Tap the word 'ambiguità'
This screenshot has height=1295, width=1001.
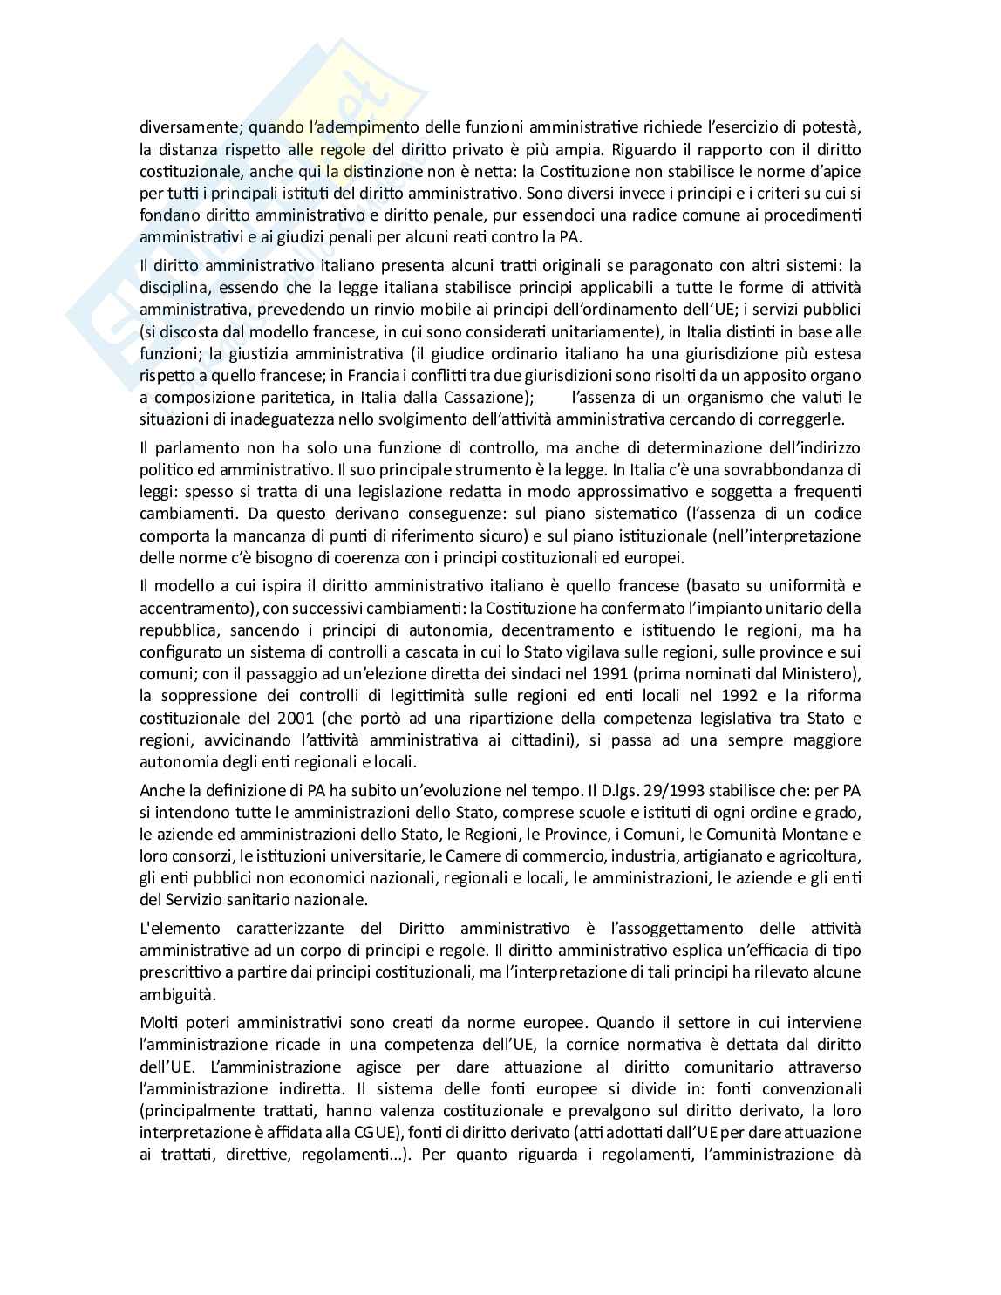click(x=174, y=994)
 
